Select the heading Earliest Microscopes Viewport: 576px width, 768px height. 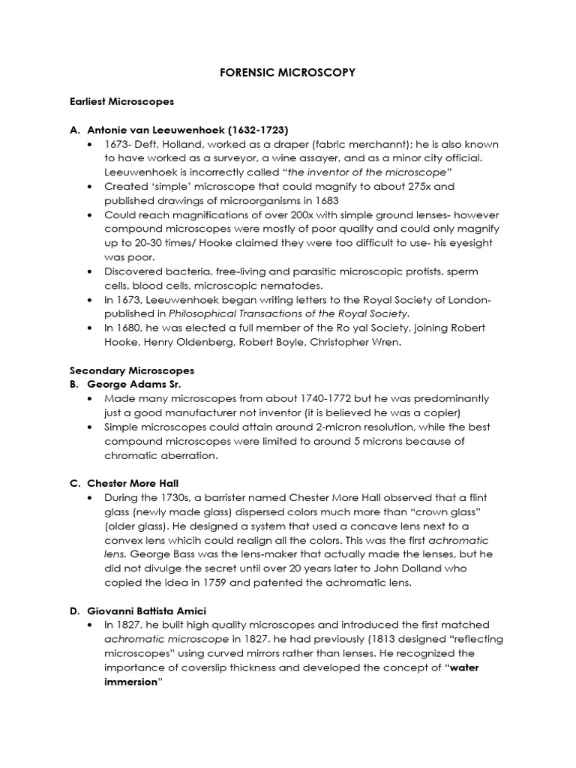point(121,100)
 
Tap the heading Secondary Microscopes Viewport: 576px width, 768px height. point(132,370)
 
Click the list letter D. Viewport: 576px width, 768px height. point(73,609)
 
